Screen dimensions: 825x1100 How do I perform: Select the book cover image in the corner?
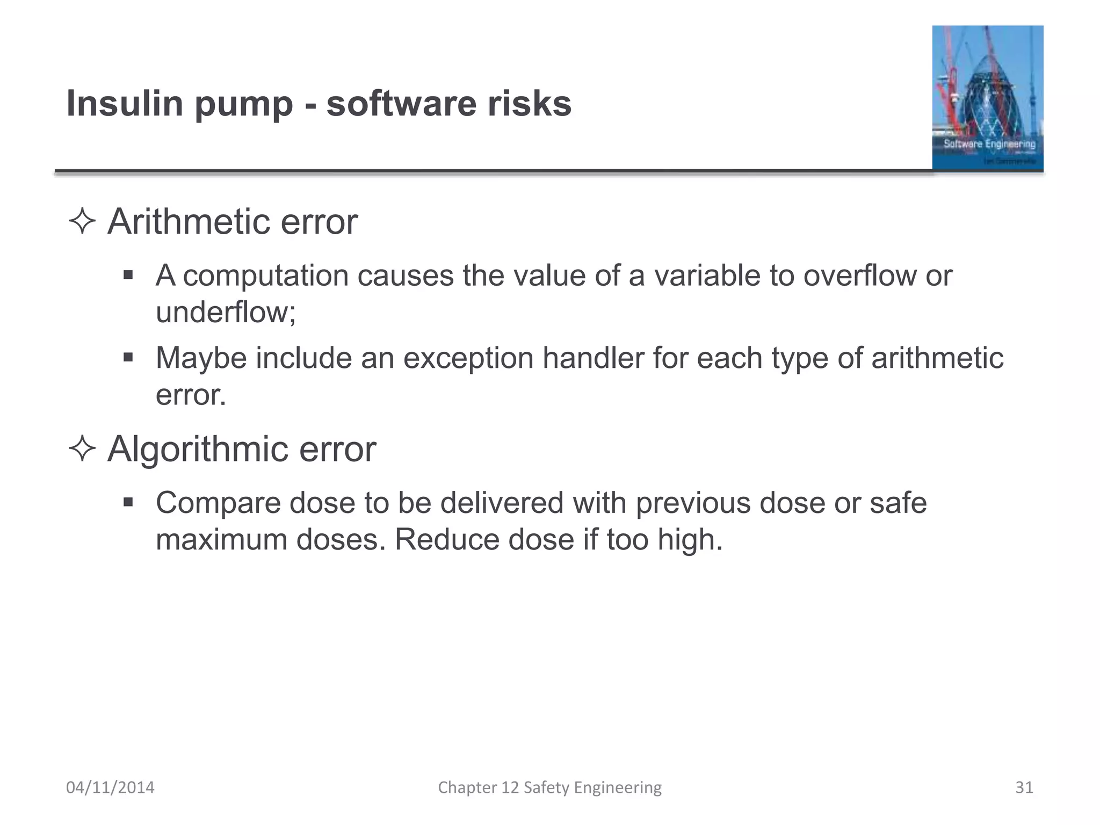point(987,98)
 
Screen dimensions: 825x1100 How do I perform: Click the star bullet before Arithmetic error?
point(82,222)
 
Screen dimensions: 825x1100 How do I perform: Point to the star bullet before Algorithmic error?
point(82,449)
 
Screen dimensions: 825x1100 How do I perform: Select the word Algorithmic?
point(198,449)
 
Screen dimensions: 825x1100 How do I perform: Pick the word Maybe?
point(201,358)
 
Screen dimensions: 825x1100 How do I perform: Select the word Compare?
point(218,503)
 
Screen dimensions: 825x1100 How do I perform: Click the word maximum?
point(221,540)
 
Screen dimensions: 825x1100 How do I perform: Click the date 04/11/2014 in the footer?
point(110,787)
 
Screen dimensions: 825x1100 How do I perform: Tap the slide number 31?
point(1024,787)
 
